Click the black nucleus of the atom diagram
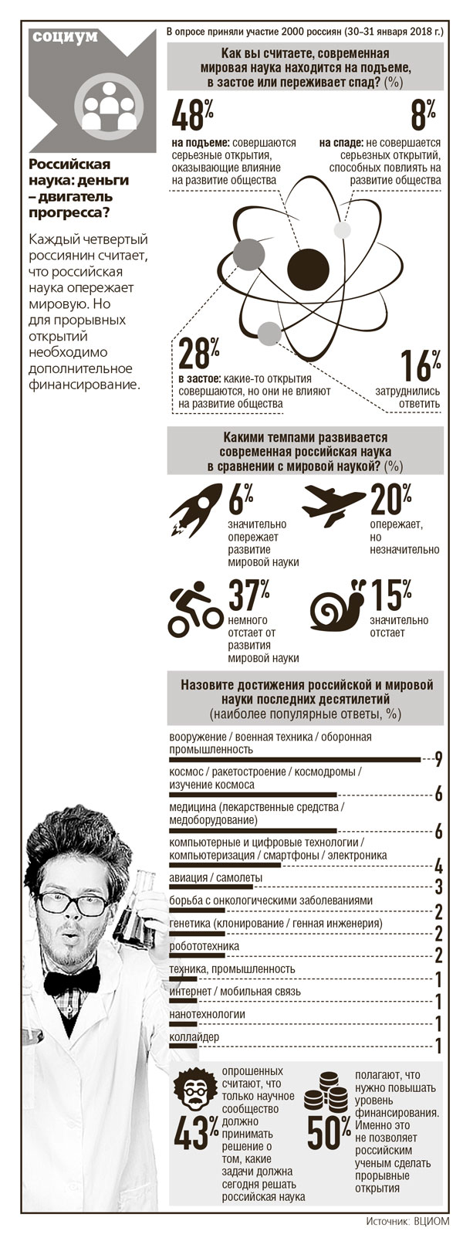coord(307,269)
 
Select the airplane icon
coord(333,504)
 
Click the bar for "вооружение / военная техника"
coord(294,760)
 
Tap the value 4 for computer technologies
coord(438,865)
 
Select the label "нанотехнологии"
coord(206,1014)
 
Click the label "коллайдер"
coord(194,1036)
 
